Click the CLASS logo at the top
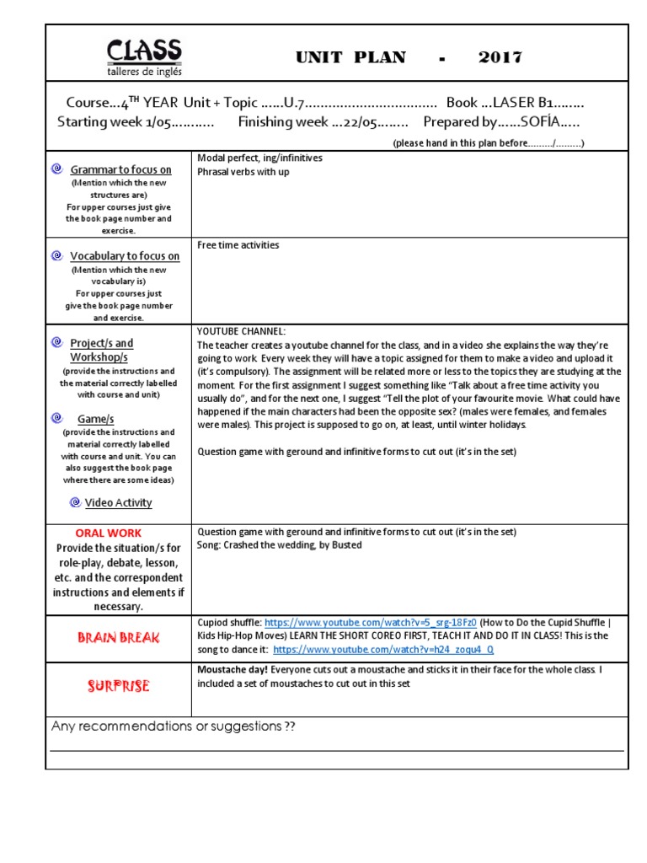(143, 56)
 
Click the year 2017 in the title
(500, 57)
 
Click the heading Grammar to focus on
(120, 169)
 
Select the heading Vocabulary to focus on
(125, 256)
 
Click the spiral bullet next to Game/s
(56, 418)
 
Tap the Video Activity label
(119, 503)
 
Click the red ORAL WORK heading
(109, 533)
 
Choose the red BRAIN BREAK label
(119, 638)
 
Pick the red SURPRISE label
(119, 686)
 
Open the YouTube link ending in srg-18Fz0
(370, 623)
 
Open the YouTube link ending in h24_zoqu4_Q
(383, 650)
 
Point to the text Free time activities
(238, 245)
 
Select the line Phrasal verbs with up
(243, 172)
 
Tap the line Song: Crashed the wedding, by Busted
(279, 545)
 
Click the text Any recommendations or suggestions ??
(174, 726)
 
